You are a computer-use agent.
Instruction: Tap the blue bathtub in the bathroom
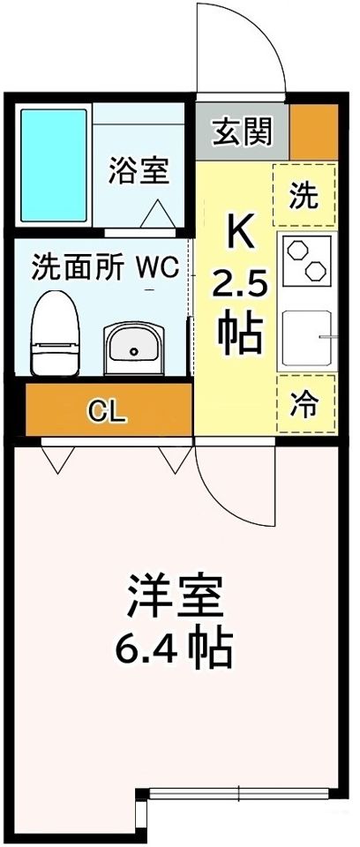coord(53,166)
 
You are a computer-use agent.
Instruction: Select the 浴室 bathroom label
coord(139,169)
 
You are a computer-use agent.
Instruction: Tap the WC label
coord(157,266)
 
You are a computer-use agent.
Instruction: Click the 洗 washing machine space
coord(304,195)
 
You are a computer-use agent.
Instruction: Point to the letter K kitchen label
coord(240,232)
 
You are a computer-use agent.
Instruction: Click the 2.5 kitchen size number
coord(238,284)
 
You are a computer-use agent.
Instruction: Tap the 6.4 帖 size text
coord(174,650)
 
